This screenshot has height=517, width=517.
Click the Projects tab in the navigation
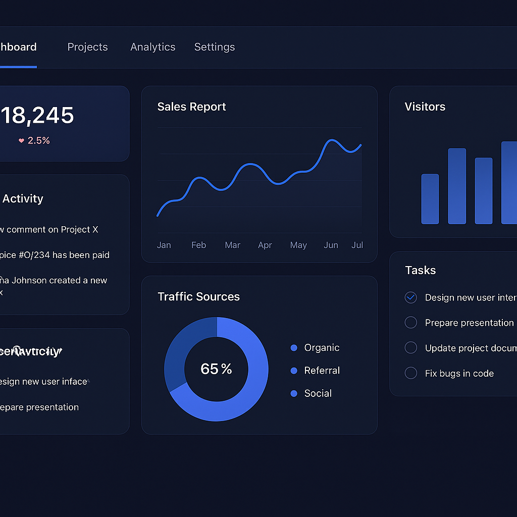click(87, 47)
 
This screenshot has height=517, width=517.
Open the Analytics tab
click(152, 47)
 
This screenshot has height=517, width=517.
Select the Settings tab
click(215, 47)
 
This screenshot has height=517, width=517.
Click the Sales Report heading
click(191, 107)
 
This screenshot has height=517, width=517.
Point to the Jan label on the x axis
click(164, 245)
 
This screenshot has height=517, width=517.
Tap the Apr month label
click(265, 245)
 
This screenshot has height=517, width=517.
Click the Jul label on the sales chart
click(357, 245)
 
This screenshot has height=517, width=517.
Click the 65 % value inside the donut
click(216, 369)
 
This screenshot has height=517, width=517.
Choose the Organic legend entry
click(321, 348)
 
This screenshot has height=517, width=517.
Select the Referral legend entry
click(322, 371)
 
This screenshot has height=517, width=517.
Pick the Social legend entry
click(318, 393)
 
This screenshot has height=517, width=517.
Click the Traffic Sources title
click(198, 296)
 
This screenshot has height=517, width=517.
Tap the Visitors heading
click(425, 107)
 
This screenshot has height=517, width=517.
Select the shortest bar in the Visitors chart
click(430, 199)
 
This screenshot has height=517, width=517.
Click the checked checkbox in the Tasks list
click(411, 297)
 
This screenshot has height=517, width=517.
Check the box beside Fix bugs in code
click(411, 373)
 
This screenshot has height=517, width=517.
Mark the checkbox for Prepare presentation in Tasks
click(411, 323)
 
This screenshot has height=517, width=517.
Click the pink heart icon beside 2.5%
click(21, 141)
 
